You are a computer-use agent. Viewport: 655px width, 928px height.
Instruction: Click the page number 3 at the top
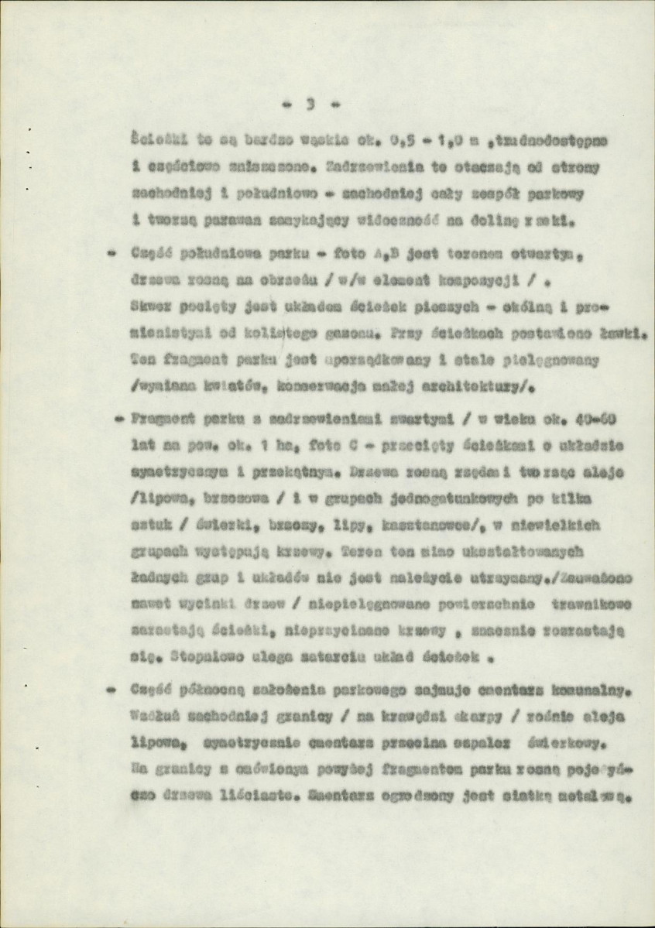[310, 103]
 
